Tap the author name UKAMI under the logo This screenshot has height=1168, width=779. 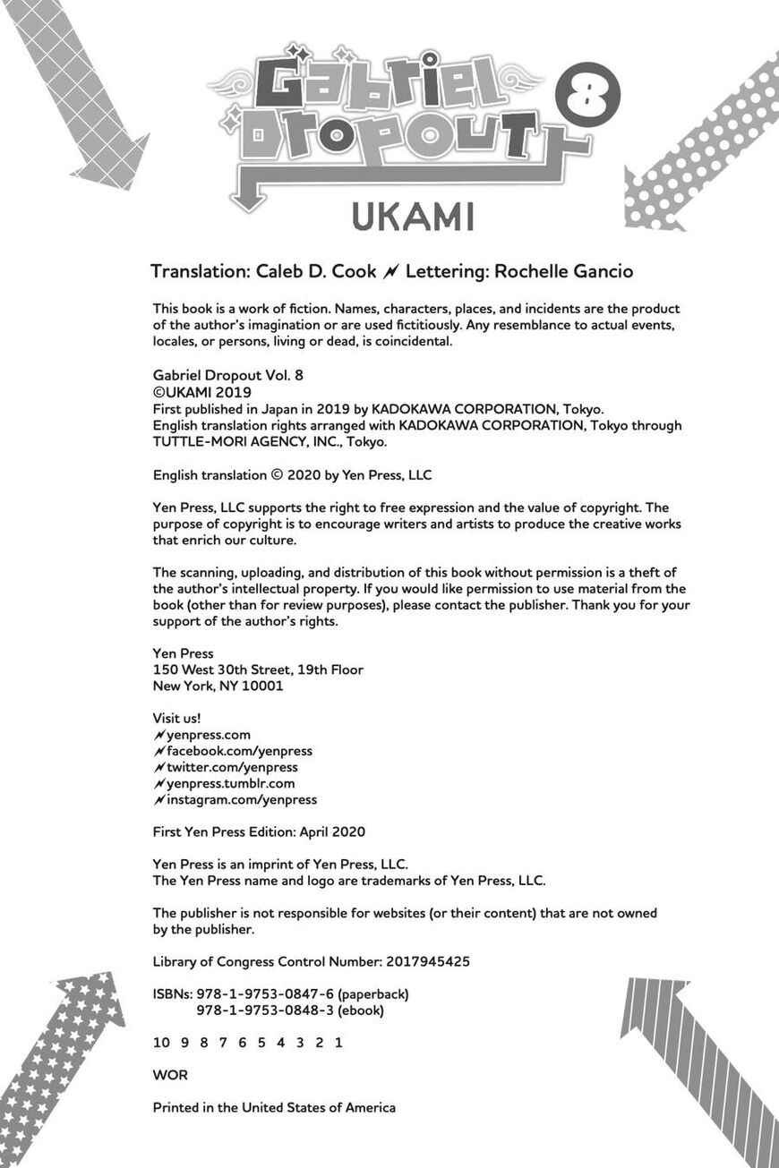(x=413, y=217)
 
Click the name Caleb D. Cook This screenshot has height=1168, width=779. (x=316, y=271)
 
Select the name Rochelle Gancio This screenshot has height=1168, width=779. (x=563, y=271)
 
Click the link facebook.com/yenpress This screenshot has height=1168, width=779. (x=239, y=751)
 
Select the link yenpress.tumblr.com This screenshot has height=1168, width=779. (x=230, y=783)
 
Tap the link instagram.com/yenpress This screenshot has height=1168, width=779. (x=242, y=799)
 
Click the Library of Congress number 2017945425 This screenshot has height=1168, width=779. (x=428, y=961)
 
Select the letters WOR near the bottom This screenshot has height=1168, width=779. (x=170, y=1075)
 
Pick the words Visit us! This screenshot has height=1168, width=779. (x=177, y=718)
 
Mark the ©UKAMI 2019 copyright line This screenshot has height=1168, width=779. (x=202, y=392)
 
